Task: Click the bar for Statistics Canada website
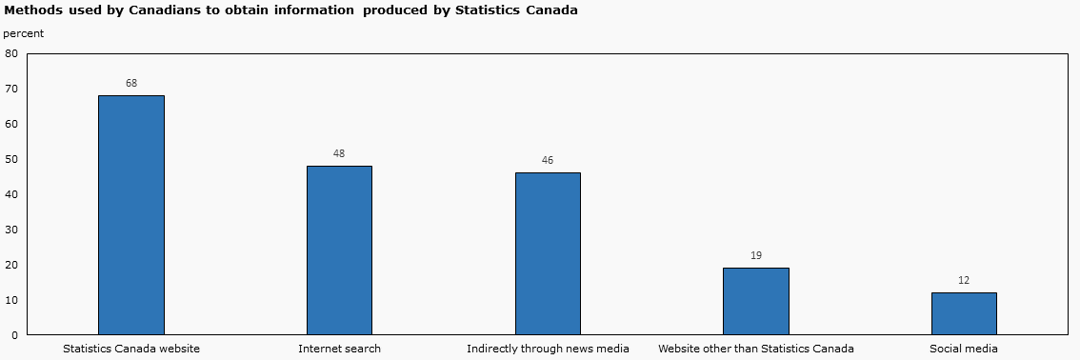point(131,214)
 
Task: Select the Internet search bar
point(339,250)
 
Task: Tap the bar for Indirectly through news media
point(548,253)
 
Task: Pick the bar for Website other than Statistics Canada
point(756,301)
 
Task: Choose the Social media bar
point(964,313)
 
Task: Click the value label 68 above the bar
point(131,84)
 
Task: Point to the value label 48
point(339,154)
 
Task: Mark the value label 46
point(548,161)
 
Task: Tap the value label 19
point(756,256)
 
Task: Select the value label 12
point(964,281)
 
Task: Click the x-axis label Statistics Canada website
point(131,350)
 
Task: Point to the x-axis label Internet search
point(339,350)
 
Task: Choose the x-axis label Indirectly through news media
point(548,350)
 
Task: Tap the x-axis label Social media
point(964,350)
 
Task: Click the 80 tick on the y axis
point(11,54)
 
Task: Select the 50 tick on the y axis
point(11,160)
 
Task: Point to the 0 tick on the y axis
point(14,335)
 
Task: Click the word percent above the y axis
point(23,33)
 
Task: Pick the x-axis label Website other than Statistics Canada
point(756,350)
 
